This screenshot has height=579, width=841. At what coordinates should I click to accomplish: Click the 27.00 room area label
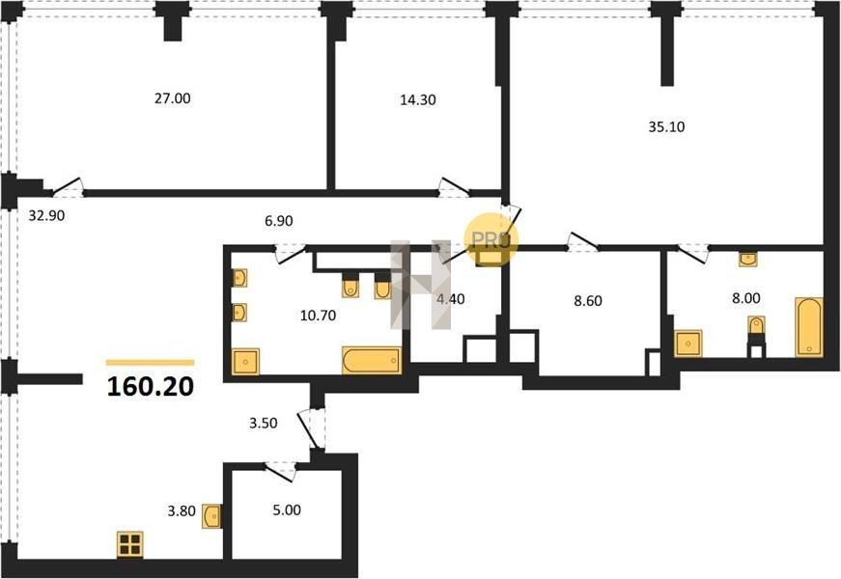(172, 98)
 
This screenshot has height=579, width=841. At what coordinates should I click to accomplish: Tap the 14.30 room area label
(418, 99)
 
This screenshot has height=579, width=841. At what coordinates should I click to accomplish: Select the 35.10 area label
(666, 127)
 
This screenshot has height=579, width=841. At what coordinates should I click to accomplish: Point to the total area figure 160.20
(151, 387)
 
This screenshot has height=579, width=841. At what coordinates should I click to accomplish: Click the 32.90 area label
(46, 215)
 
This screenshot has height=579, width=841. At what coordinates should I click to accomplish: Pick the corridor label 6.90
(278, 220)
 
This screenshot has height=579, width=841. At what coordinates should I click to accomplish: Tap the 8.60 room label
(588, 301)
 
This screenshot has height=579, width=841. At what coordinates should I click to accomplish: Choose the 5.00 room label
(287, 510)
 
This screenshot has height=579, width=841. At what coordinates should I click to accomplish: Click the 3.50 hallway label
(264, 423)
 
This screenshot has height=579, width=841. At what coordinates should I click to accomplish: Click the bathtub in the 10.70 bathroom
(372, 360)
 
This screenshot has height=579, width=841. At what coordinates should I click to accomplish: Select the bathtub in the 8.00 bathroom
(808, 326)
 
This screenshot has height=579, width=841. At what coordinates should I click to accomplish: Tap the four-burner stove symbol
(129, 544)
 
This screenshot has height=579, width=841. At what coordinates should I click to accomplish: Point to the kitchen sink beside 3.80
(211, 516)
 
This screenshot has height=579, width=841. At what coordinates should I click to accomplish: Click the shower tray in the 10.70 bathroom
(245, 362)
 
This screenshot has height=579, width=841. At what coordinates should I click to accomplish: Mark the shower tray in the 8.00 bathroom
(688, 344)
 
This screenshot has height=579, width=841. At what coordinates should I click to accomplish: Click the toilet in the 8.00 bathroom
(756, 325)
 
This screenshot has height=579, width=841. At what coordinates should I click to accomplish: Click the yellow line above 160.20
(151, 363)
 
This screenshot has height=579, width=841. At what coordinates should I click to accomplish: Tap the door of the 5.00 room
(281, 470)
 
